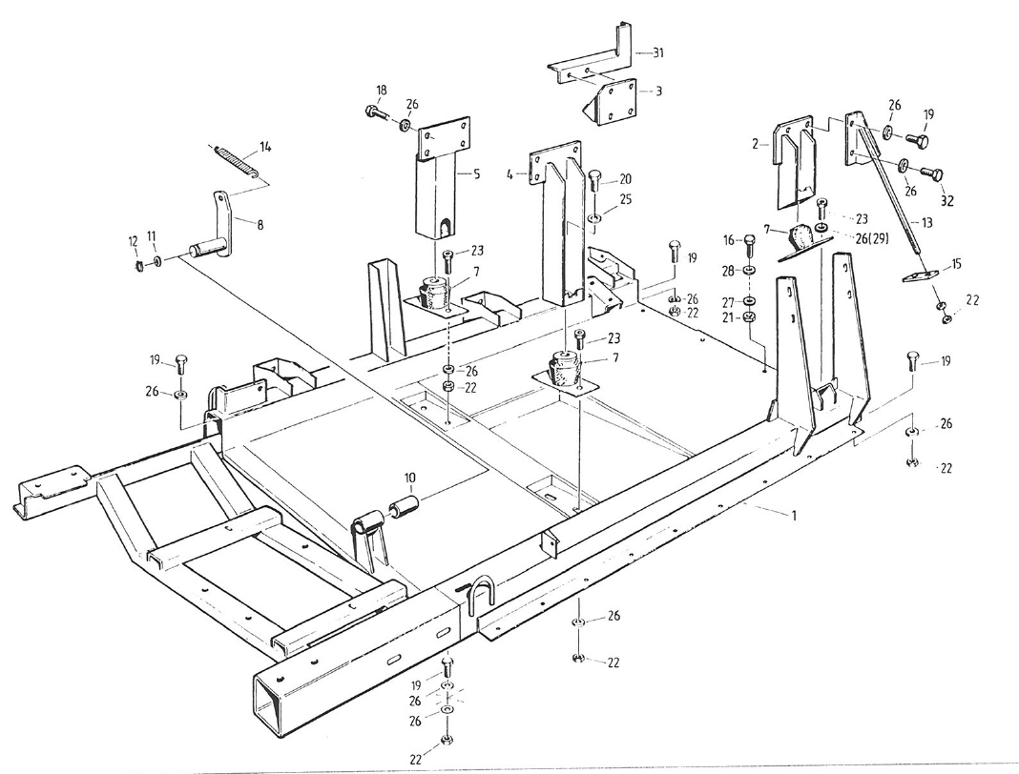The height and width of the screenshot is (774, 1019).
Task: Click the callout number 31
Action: tap(657, 53)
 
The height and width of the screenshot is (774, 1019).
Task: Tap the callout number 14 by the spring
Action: tap(266, 147)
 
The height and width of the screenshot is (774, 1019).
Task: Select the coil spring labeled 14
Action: tap(235, 159)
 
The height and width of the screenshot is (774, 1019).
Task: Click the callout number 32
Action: tap(947, 201)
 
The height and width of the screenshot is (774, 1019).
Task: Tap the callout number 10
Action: tap(409, 475)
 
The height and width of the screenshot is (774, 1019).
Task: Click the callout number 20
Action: tap(625, 178)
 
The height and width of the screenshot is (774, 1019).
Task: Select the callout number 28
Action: tap(728, 272)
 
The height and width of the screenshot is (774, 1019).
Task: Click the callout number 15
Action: tap(957, 264)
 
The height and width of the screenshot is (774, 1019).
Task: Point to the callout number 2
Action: tap(754, 144)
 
